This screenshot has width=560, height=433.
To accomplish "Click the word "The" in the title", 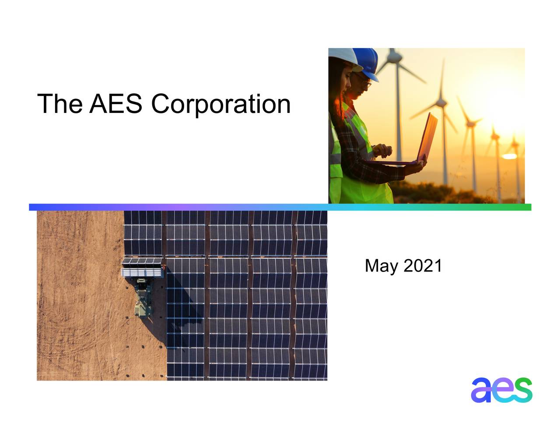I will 60,104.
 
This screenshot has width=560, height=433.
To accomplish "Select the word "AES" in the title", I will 116,104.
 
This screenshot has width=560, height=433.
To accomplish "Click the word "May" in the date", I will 381,266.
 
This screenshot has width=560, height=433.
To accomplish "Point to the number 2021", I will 423,266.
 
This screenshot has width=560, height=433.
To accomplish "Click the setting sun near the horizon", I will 510,156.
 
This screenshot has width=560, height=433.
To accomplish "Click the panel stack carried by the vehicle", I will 142,268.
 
